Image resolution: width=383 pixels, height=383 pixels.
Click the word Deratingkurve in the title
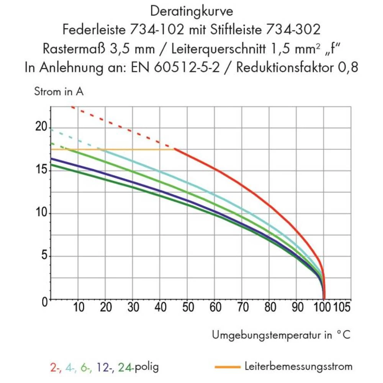pos(191,11)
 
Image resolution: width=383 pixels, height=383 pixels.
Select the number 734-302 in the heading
pos(293,30)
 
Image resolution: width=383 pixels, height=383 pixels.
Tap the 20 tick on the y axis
pos(41,127)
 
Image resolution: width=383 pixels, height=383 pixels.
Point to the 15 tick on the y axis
pos(41,170)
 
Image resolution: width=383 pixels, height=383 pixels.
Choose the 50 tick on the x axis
pos(187,307)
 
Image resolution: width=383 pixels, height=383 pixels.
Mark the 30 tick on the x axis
pos(133,307)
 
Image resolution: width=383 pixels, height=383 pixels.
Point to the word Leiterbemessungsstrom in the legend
pos(298,367)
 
